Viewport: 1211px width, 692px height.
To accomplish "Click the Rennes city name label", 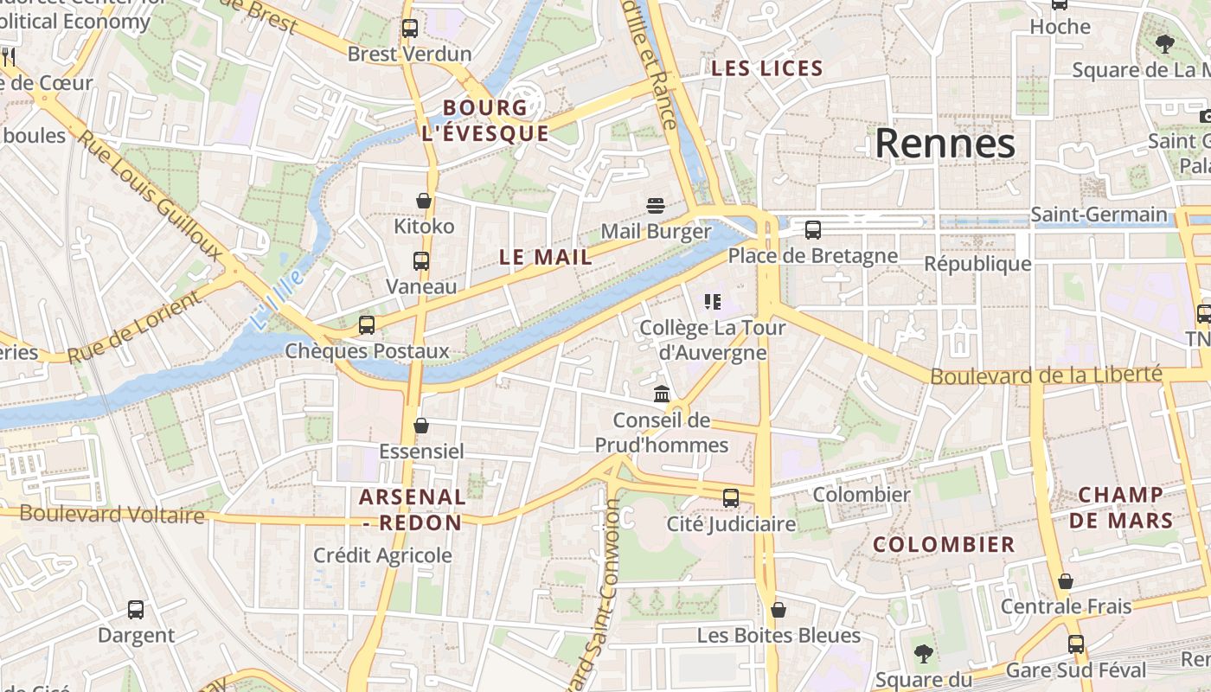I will click(x=945, y=144).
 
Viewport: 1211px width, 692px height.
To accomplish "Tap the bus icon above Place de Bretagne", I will click(x=812, y=230).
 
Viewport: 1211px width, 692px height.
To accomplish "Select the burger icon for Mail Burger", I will click(x=656, y=206).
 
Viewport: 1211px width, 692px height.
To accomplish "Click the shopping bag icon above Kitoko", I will click(x=423, y=201).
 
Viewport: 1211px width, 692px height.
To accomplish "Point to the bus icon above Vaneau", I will click(x=421, y=260).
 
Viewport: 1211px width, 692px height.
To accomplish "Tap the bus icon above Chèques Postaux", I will click(x=367, y=325).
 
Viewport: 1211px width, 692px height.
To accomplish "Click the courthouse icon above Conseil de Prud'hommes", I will click(x=662, y=394).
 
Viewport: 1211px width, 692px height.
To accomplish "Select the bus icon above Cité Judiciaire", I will click(x=731, y=498).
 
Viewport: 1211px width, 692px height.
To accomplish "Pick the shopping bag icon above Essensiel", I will click(x=421, y=426).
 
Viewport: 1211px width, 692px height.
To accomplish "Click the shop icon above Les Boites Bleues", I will click(x=778, y=610).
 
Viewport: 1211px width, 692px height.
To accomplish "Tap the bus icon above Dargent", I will click(x=136, y=609).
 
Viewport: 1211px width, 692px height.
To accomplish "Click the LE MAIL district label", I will click(x=546, y=257).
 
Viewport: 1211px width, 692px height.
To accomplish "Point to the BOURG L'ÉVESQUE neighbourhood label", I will click(x=484, y=120).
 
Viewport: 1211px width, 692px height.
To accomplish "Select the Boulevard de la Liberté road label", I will click(x=1046, y=375).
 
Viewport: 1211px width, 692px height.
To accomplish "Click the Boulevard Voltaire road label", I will click(x=112, y=515).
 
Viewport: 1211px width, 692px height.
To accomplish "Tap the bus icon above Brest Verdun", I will click(x=410, y=29).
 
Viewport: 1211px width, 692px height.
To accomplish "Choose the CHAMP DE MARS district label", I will click(x=1121, y=508).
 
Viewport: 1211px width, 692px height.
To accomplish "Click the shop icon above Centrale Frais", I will click(x=1066, y=581).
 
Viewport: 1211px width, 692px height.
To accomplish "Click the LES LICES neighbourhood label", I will click(x=766, y=68).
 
